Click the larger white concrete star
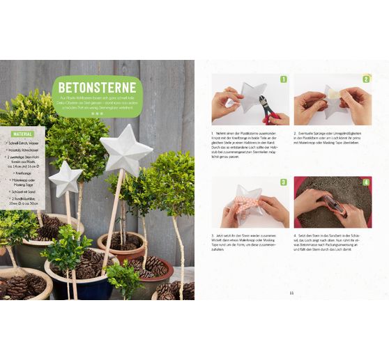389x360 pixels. (125, 150)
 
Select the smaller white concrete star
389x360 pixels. (66, 178)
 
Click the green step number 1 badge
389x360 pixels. (284, 79)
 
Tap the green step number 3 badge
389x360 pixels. (284, 182)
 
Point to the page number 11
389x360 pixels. (292, 292)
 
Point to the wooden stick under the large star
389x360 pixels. (113, 216)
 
